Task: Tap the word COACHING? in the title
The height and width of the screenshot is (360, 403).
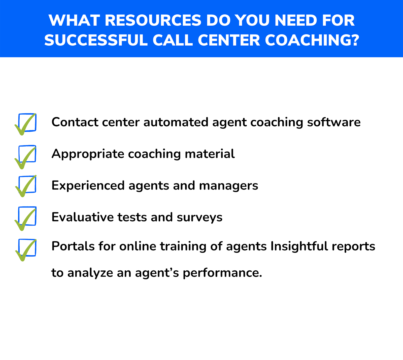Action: [x=312, y=40]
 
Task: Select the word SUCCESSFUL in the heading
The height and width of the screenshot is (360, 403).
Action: [x=96, y=40]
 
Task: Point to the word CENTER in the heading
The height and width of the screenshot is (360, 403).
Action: [x=229, y=40]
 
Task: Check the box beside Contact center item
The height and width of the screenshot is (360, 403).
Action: [x=27, y=123]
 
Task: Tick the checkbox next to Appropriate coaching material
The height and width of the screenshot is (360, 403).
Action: [x=27, y=154]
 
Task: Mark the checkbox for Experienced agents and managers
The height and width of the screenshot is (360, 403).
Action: [x=27, y=185]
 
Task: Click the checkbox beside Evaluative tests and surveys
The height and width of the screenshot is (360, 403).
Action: [x=27, y=216]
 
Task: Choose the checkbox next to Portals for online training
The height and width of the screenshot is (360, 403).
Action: [x=27, y=248]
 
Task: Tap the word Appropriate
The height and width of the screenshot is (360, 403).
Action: [x=88, y=154]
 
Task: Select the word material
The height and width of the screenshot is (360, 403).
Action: [x=210, y=154]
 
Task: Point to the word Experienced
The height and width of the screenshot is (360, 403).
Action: [x=88, y=186]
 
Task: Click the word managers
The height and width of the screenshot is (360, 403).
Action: [x=228, y=186]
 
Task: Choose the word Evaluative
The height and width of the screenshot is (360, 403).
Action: [x=82, y=217]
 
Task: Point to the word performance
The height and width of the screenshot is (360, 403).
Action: [x=222, y=273]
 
